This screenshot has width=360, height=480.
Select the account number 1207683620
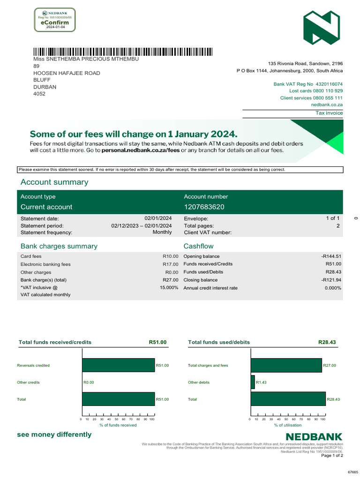pyautogui.click(x=204, y=207)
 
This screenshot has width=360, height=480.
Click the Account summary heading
pyautogui.click(x=54, y=182)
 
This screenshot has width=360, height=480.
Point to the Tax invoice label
pyautogui.click(x=329, y=113)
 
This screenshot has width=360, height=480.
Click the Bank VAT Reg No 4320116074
pyautogui.click(x=308, y=84)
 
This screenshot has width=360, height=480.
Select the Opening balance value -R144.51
pyautogui.click(x=328, y=256)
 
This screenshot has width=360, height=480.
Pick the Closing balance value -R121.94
pyautogui.click(x=328, y=280)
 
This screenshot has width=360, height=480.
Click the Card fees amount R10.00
pyautogui.click(x=170, y=256)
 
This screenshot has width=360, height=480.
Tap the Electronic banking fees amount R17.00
pyautogui.click(x=170, y=264)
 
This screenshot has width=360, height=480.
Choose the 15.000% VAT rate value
pyautogui.click(x=169, y=287)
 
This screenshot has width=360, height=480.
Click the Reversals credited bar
pyautogui.click(x=118, y=365)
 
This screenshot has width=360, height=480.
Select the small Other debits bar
pyautogui.click(x=253, y=382)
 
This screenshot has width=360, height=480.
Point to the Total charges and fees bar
pyautogui.click(x=286, y=365)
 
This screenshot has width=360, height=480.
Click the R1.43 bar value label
pyautogui.click(x=261, y=382)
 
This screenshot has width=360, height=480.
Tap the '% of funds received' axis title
pyautogui.click(x=118, y=425)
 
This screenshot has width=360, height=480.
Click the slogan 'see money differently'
pyautogui.click(x=54, y=435)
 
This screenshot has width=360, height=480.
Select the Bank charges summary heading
pyautogui.click(x=59, y=246)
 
